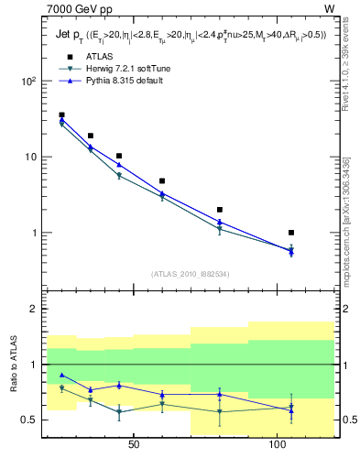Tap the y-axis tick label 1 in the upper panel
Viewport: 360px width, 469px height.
31,233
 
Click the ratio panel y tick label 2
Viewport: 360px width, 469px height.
31,310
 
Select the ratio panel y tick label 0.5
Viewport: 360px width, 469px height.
27,420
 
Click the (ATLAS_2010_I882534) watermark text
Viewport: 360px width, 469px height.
190,274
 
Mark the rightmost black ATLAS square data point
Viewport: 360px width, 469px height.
291,233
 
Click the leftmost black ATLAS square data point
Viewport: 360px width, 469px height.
61,115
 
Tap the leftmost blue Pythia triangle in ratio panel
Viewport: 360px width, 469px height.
61,375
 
